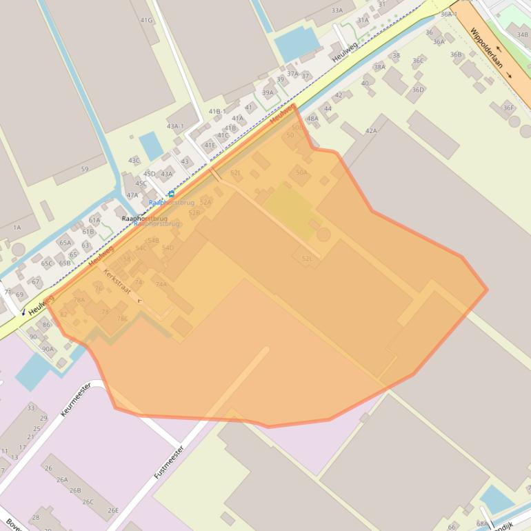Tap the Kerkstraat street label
coord(117,281)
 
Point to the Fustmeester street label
coord(168,462)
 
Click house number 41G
coord(146,20)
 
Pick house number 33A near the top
coord(337,10)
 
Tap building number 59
coord(85,169)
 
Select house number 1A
coord(17,227)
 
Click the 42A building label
coord(371,130)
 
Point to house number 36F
coord(508,108)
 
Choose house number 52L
coord(307,259)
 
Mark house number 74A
coord(161,284)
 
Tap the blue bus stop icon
coord(171,194)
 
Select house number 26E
coord(112,510)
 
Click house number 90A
coord(48,349)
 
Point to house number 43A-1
coord(175,126)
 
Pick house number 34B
coord(522,34)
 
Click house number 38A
coord(379,67)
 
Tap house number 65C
coord(46,263)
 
